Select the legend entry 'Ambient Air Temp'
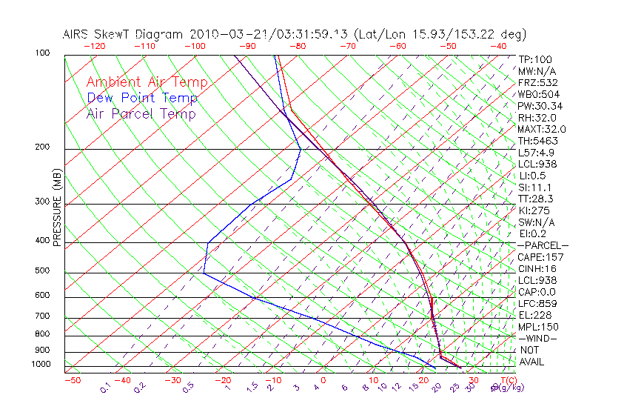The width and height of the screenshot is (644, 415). pos(147,82)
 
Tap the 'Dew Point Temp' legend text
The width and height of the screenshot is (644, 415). pos(142,98)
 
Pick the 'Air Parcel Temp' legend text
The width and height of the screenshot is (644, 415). pos(141,113)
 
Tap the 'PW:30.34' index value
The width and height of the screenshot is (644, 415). pos(540,106)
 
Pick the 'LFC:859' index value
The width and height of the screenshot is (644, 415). pos(537,303)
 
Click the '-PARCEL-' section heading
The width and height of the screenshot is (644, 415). pos(543,245)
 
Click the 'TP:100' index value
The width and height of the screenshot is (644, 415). pos(535,59)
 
